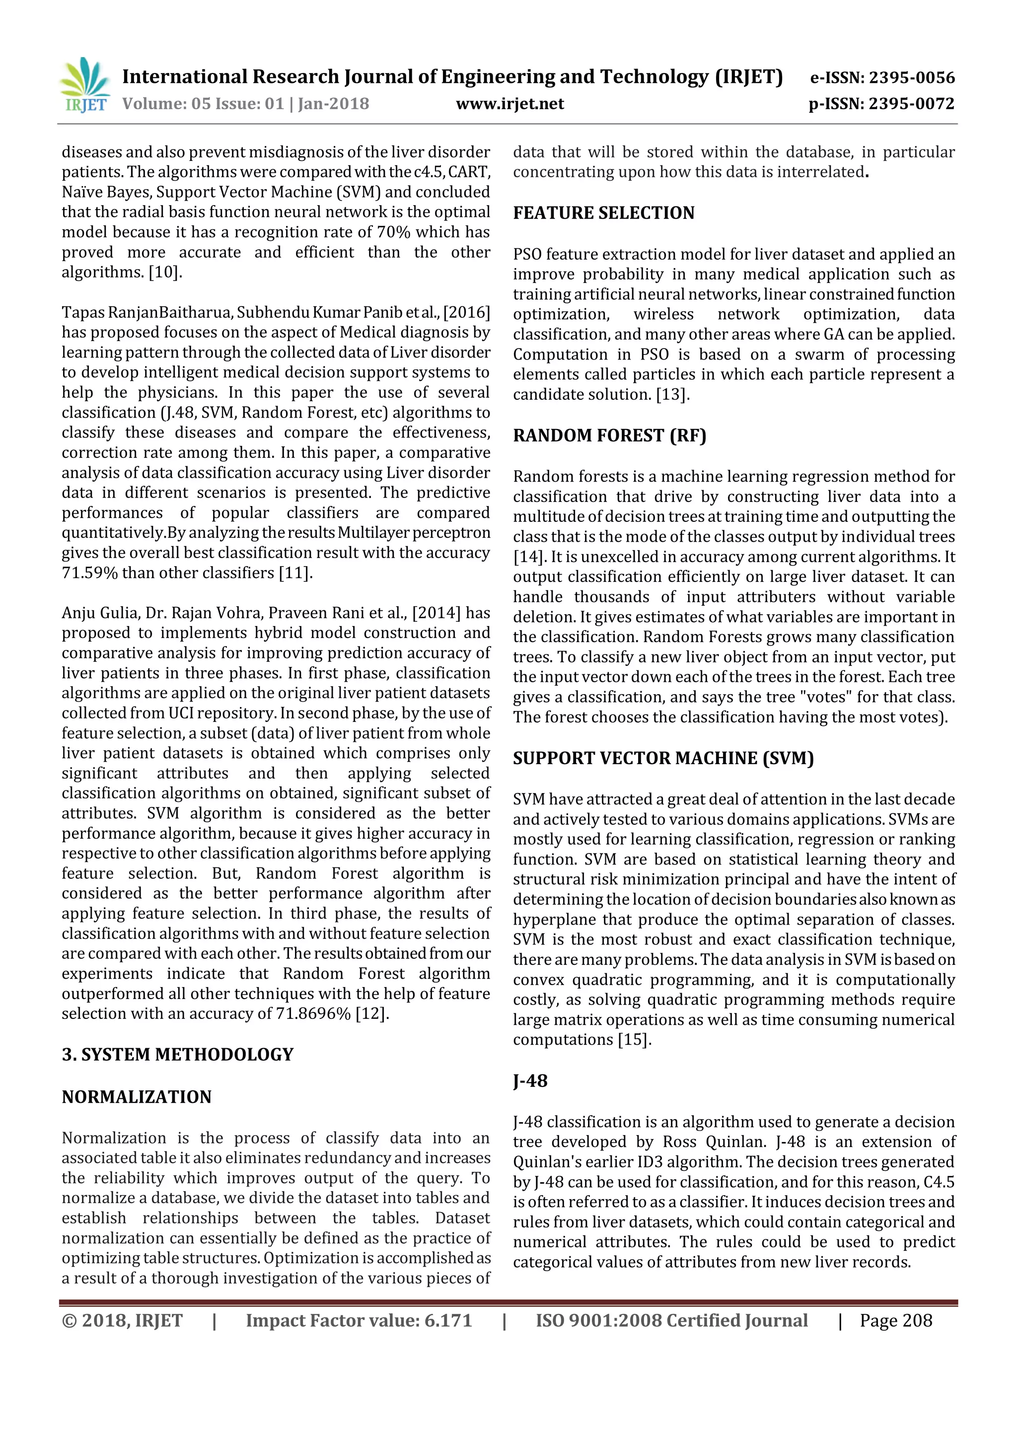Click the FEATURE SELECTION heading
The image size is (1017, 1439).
(x=603, y=213)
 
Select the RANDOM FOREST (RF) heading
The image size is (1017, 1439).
(x=609, y=435)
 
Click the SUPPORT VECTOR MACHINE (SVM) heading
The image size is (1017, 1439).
(x=663, y=758)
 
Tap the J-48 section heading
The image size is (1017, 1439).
(x=530, y=1081)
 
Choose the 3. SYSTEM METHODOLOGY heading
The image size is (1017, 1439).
(x=177, y=1054)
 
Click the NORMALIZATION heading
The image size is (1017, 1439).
(x=137, y=1097)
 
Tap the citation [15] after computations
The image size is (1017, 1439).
(x=635, y=1040)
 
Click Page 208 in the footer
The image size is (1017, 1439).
(x=895, y=1320)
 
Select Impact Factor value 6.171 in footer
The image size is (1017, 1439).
(x=359, y=1320)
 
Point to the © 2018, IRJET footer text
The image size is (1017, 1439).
(x=122, y=1320)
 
